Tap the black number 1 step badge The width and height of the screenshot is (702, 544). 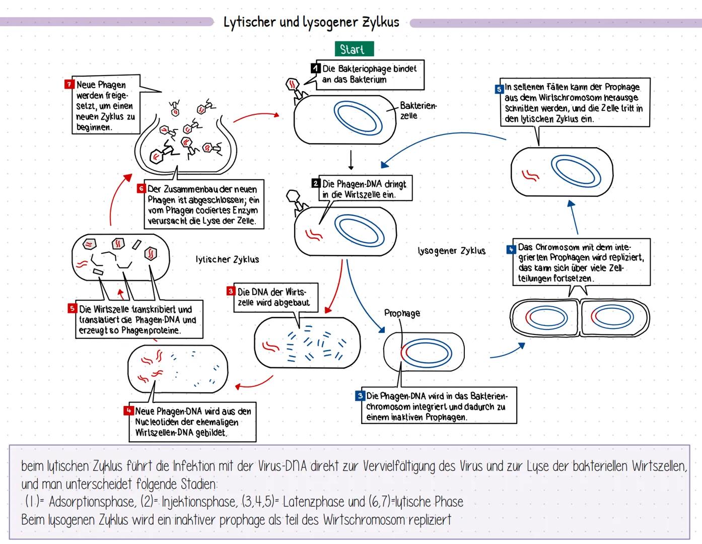[316, 68]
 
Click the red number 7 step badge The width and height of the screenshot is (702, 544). [69, 84]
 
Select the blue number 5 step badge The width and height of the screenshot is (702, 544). [499, 89]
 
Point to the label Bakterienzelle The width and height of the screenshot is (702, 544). [418, 110]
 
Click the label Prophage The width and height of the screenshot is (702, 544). [402, 313]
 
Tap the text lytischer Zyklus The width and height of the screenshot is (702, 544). [227, 259]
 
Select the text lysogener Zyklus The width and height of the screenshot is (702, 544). [452, 250]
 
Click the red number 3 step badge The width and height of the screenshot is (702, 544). [231, 291]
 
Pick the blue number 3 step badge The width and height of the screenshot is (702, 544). [360, 396]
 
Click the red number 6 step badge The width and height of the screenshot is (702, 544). [142, 188]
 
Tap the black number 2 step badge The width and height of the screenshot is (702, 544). [316, 183]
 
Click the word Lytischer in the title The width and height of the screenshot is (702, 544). [250, 22]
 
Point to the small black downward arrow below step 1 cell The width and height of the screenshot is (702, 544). [351, 160]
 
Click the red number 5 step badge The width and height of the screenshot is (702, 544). [73, 309]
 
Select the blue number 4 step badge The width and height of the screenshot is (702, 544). [511, 249]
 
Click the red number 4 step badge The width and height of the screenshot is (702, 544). [128, 411]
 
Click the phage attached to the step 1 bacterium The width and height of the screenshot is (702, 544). [295, 88]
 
